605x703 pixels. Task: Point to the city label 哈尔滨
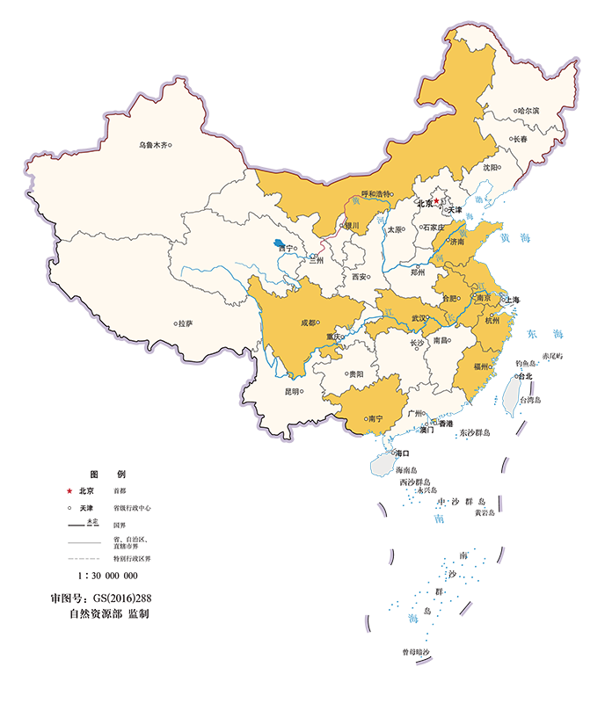(528, 111)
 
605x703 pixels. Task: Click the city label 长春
(519, 139)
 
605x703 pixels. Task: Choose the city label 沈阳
(491, 167)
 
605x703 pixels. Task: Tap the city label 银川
(352, 225)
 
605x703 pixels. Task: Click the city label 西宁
(286, 249)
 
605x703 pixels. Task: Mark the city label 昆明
(292, 392)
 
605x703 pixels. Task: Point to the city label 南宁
(375, 418)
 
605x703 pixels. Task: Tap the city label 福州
(482, 366)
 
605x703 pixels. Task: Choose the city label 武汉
(419, 318)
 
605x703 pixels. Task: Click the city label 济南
(457, 241)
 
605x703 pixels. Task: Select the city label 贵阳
(355, 374)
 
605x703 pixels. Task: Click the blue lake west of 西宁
(278, 243)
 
